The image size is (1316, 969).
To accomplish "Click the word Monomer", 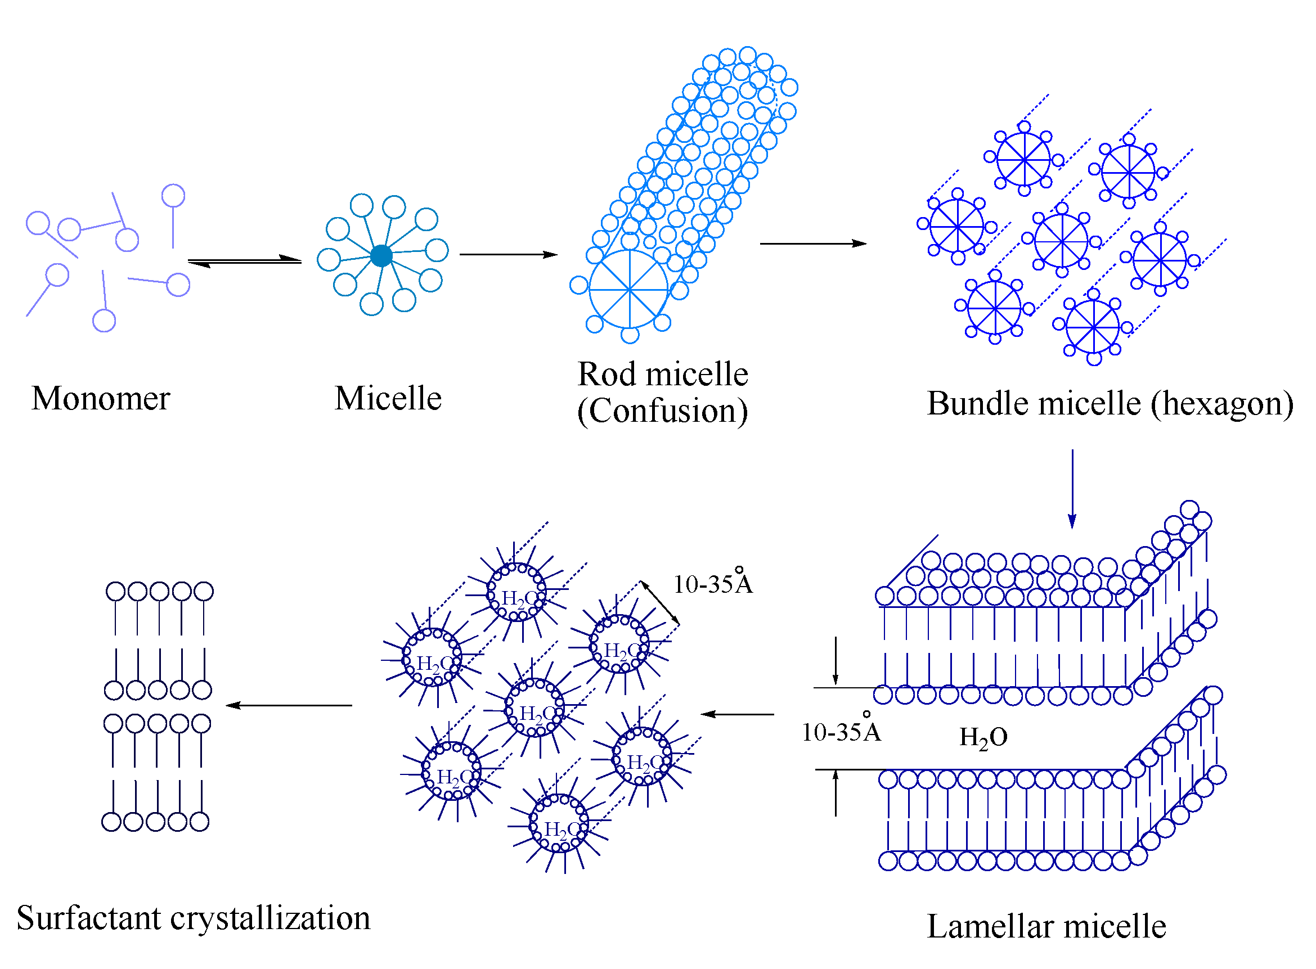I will (x=100, y=399).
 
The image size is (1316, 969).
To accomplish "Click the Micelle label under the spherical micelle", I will (x=387, y=399).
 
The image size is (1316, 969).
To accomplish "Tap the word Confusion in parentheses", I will (x=662, y=411).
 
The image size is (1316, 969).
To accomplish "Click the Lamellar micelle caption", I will (x=1045, y=927).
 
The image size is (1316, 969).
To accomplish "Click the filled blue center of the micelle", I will (x=381, y=256).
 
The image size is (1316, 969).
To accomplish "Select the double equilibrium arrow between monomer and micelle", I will (x=244, y=261).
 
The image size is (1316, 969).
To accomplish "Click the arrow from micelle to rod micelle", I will (x=507, y=255).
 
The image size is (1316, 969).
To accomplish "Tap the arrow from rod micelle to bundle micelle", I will (x=812, y=244).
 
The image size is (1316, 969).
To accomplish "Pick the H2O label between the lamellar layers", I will (x=983, y=738).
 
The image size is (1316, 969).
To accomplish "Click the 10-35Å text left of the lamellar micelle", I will (x=841, y=732).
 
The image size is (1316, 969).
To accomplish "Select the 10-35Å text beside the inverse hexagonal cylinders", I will (x=712, y=584).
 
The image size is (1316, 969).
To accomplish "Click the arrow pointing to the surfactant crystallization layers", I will (x=289, y=705).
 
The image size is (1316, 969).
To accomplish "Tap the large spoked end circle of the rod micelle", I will (x=628, y=289).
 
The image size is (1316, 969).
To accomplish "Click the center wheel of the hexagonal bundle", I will (x=1061, y=241).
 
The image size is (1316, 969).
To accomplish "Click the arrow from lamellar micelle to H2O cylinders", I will (x=737, y=714).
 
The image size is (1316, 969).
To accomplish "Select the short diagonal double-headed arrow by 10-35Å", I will (x=659, y=602).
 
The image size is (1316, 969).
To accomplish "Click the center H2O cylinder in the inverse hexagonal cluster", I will (x=534, y=708).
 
